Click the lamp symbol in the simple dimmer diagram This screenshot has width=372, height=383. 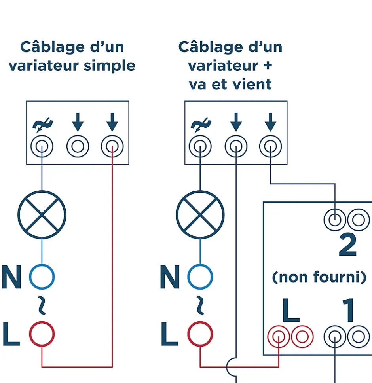(x=42, y=215)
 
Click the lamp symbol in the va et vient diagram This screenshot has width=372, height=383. (x=200, y=215)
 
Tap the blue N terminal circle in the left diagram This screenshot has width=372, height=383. (x=42, y=277)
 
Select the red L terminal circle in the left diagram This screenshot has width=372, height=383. (x=42, y=334)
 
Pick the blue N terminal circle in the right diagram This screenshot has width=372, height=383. (x=200, y=277)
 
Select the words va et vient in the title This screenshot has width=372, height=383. (x=230, y=84)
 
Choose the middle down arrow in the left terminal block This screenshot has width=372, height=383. (x=78, y=122)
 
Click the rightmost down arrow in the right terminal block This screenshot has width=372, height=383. (x=270, y=122)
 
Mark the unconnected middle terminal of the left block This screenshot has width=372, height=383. (x=78, y=147)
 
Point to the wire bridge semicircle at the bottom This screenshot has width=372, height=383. (x=232, y=367)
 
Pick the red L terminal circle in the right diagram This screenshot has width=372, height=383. (x=200, y=334)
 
